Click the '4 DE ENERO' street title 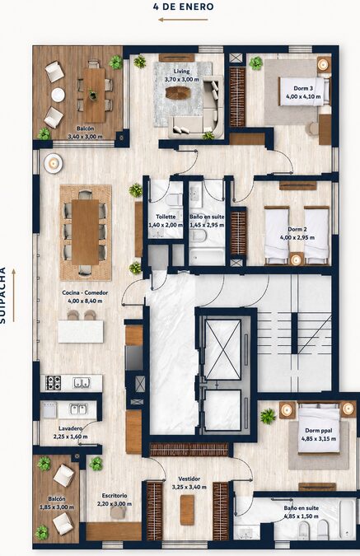184,7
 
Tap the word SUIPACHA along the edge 2,295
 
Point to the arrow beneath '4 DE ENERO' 183,20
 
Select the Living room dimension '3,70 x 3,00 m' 181,79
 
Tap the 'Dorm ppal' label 319,431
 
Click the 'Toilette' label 166,217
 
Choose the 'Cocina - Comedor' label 85,293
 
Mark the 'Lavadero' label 71,428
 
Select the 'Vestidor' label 189,479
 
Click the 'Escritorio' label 115,496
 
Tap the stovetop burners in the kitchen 54,382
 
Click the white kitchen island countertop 81,332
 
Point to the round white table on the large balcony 58,95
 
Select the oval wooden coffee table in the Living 178,93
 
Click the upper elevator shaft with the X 222,349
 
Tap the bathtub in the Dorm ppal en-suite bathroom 346,519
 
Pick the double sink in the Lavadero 79,409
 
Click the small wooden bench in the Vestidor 187,510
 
